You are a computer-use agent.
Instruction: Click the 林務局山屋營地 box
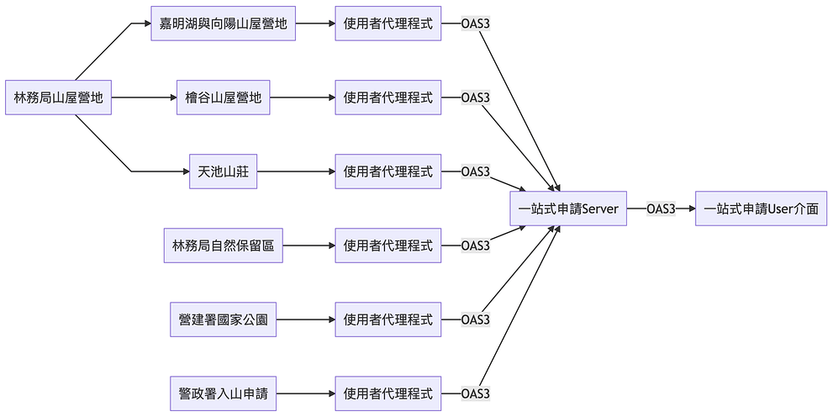[58, 98]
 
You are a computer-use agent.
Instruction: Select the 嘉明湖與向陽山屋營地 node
[223, 24]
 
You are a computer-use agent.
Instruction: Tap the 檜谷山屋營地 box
[223, 98]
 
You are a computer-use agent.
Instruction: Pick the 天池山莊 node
[223, 172]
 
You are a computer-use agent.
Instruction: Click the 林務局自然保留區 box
[223, 245]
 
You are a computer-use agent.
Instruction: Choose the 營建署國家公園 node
[223, 319]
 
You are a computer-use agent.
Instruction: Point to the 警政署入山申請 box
[223, 393]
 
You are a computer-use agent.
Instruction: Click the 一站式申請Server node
[568, 208]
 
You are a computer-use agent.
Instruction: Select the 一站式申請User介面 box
[761, 208]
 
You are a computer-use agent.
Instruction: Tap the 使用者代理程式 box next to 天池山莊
[388, 172]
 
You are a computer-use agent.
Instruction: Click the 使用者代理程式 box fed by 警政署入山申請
[388, 393]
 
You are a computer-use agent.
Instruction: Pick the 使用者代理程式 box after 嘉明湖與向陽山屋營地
[388, 24]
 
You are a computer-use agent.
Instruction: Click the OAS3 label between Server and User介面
[661, 208]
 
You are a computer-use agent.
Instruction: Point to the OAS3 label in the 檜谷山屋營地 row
[476, 98]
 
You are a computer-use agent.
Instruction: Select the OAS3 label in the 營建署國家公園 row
[476, 319]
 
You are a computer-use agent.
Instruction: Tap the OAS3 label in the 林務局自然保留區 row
[476, 245]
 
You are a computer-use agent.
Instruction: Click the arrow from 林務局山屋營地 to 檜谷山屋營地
[144, 98]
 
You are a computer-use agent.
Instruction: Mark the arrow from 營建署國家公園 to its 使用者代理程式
[305, 319]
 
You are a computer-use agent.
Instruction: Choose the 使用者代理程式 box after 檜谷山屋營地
[388, 98]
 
